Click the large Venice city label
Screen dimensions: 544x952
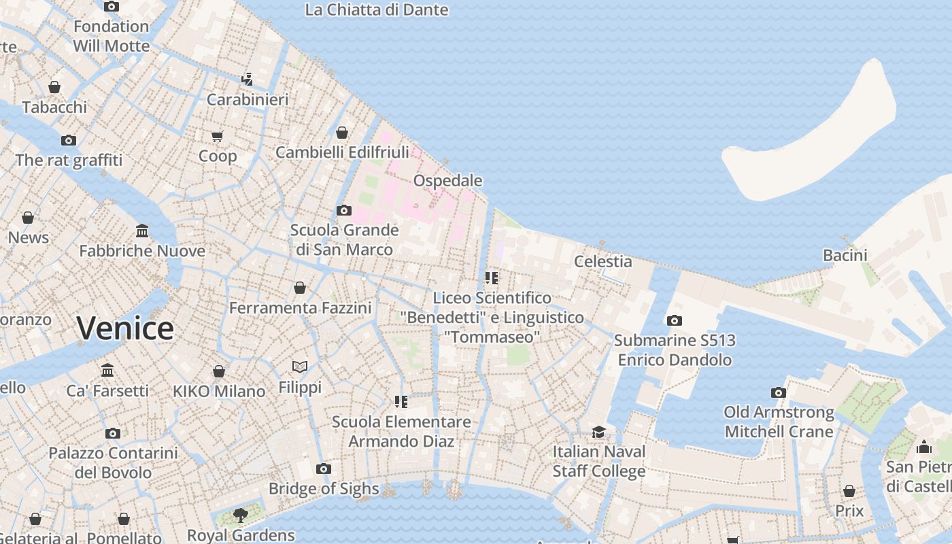(x=125, y=328)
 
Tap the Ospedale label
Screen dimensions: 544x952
(x=447, y=181)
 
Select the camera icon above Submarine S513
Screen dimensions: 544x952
(x=674, y=320)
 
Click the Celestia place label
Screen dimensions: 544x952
(x=602, y=261)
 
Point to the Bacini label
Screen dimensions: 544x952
(x=845, y=255)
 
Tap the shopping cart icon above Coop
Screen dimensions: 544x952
(x=218, y=136)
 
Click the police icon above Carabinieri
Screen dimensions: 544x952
(x=248, y=79)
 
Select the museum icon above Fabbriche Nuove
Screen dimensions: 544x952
(x=142, y=231)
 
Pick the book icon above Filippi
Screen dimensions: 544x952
(x=300, y=367)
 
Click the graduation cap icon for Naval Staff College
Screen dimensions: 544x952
(x=598, y=432)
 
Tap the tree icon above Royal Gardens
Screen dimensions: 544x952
(x=240, y=515)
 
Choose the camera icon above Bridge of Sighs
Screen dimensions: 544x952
(x=324, y=469)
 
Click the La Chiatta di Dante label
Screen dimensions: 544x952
(x=376, y=10)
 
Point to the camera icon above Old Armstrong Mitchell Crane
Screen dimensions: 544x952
(x=779, y=392)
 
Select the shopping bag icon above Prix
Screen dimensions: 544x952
(x=849, y=491)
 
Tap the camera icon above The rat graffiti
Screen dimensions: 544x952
(x=69, y=140)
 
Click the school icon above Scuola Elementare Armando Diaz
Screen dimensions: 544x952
(x=401, y=402)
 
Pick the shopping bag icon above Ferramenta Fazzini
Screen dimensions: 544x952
(x=300, y=288)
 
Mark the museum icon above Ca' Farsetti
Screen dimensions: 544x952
(x=107, y=371)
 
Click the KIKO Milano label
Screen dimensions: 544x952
(x=218, y=392)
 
